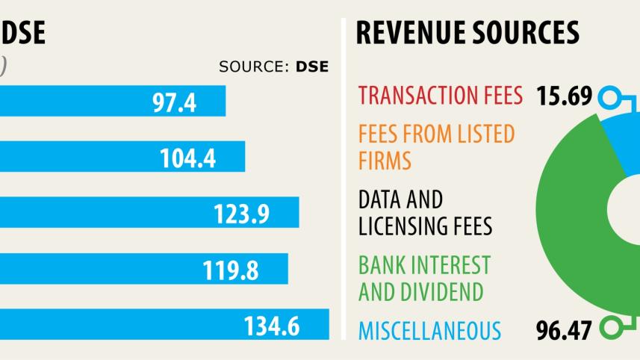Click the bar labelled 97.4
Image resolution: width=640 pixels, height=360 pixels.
tap(112, 101)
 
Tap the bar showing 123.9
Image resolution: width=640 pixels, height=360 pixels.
tap(149, 213)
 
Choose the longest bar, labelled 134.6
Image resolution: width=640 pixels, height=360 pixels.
tap(164, 325)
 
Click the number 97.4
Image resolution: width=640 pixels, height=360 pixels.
tap(174, 102)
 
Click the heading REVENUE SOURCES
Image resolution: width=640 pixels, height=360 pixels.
tap(467, 33)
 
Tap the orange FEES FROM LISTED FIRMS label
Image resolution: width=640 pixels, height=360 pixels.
tap(436, 147)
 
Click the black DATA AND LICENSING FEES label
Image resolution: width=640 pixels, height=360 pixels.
tap(425, 212)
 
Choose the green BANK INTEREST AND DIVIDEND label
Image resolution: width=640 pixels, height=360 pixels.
tap(424, 277)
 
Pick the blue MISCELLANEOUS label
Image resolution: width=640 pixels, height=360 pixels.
tap(429, 329)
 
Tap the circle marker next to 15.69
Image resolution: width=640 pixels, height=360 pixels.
tap(611, 96)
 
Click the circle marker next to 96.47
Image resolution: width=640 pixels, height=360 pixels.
tap(611, 327)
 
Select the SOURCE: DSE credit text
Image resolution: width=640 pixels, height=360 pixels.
tap(273, 66)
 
